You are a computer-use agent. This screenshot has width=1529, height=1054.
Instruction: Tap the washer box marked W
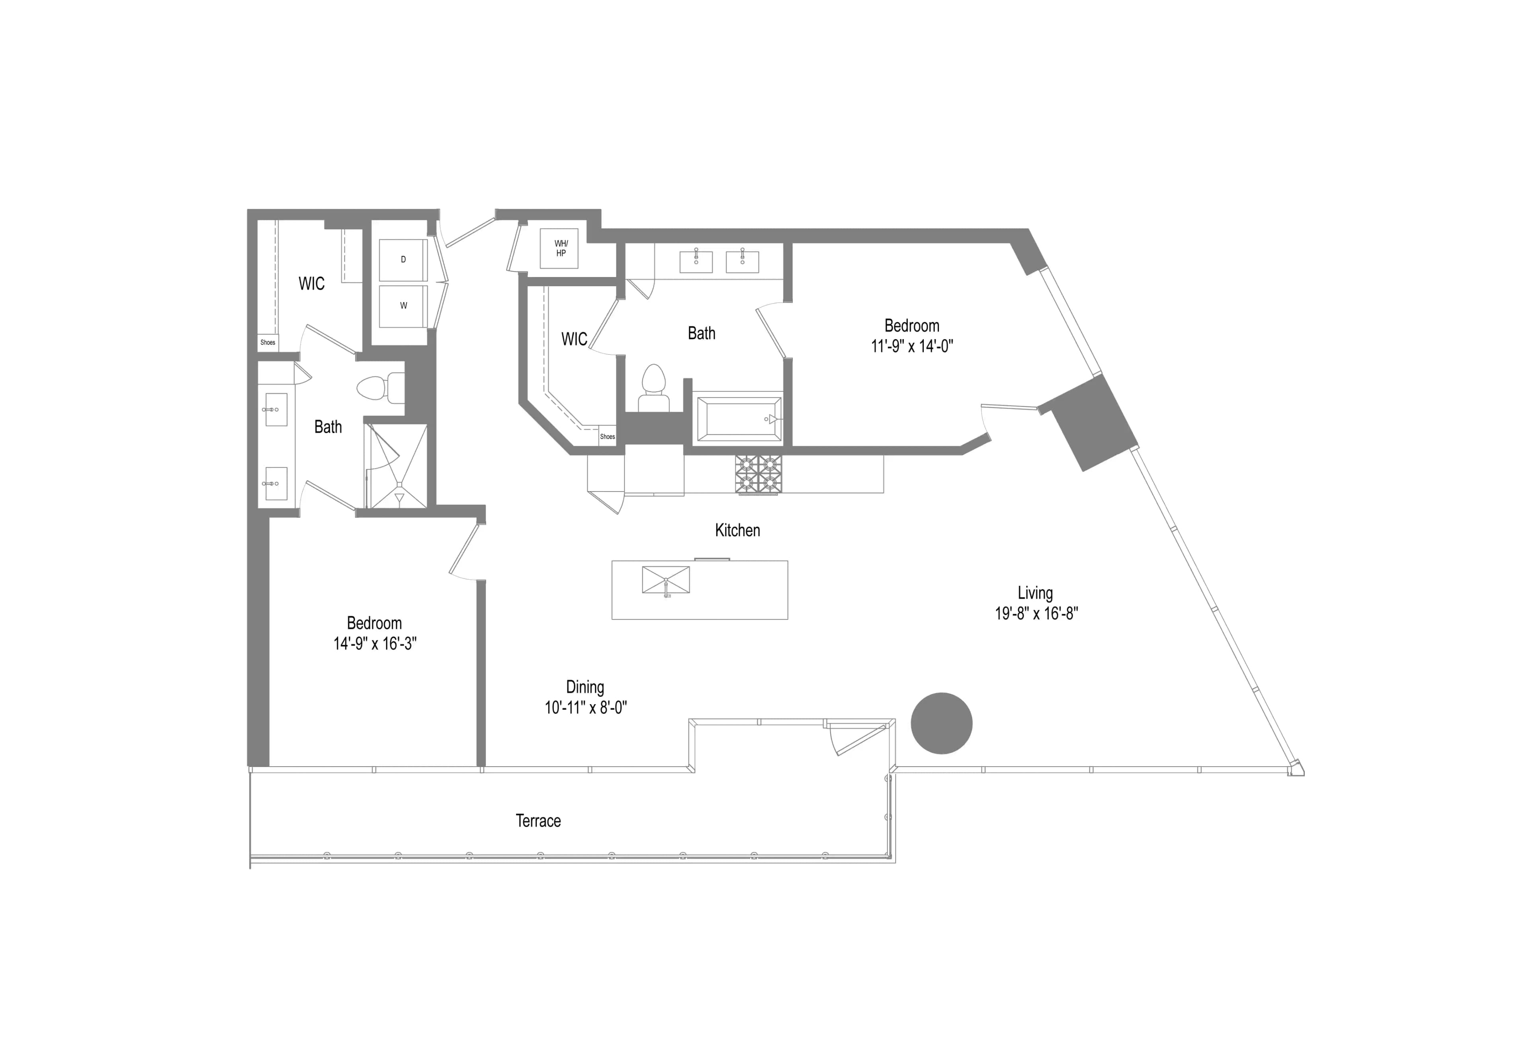point(403,305)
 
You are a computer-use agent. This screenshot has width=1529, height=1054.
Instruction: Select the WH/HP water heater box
point(560,248)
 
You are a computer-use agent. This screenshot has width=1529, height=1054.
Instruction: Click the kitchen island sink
point(666,580)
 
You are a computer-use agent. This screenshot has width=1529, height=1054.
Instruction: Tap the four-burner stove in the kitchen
point(758,474)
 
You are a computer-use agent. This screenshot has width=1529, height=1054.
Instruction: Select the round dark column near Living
point(941,723)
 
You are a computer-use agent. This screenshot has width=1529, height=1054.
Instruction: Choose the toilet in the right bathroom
point(653,387)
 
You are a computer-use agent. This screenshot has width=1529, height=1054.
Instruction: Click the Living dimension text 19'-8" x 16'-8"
point(1036,613)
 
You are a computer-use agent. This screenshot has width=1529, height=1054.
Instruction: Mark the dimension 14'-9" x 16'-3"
point(375,644)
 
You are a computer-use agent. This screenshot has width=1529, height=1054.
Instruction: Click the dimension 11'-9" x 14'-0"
point(911,346)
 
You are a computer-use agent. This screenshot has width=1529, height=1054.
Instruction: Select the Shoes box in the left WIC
point(268,342)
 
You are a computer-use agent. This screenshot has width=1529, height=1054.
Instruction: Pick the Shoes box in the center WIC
point(607,437)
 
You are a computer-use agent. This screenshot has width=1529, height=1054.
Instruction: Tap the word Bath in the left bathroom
point(328,427)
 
